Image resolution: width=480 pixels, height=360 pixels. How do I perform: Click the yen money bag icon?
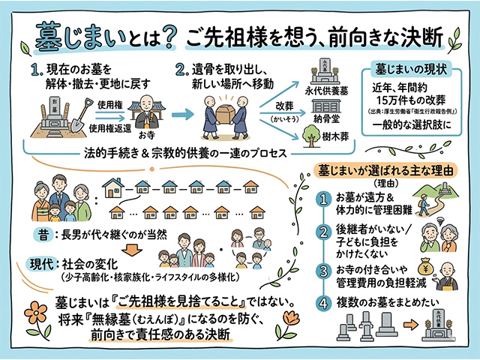pos(424,266)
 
